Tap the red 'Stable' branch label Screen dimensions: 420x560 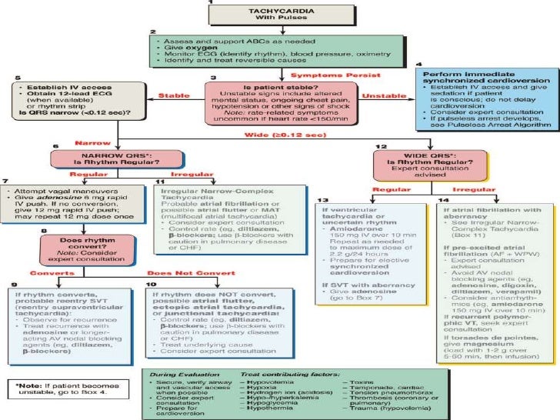tap(175, 97)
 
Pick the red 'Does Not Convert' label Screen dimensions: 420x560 tap(177, 272)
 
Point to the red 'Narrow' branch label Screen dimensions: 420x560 tap(89, 142)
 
